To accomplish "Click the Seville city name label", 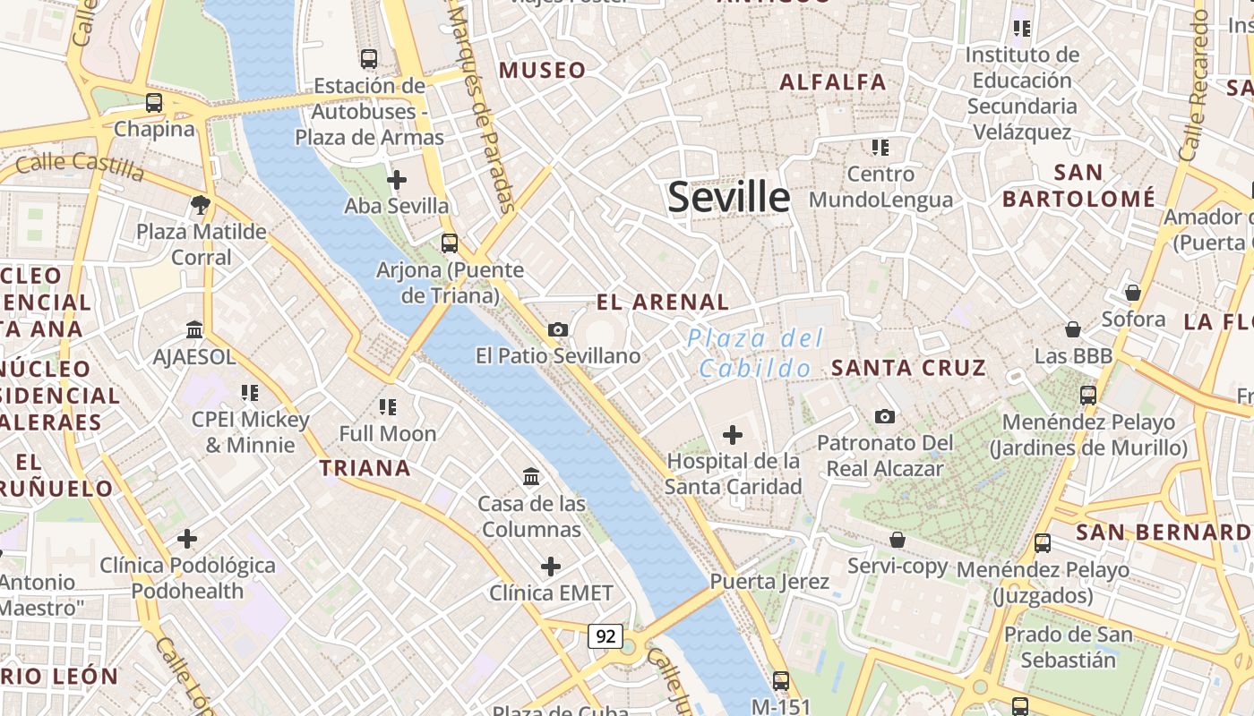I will pyautogui.click(x=729, y=197).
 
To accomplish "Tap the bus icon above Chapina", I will pyautogui.click(x=154, y=103).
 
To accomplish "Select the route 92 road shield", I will pyautogui.click(x=606, y=636).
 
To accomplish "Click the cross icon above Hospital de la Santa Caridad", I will pyautogui.click(x=733, y=436).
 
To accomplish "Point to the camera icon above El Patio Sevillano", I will pyautogui.click(x=558, y=330).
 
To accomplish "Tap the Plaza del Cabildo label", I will pyautogui.click(x=755, y=354).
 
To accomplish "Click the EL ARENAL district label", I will pyautogui.click(x=663, y=303).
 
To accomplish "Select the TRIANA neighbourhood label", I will pyautogui.click(x=365, y=468).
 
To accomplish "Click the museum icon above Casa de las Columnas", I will pyautogui.click(x=531, y=477).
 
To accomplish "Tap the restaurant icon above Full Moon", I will pyautogui.click(x=388, y=408).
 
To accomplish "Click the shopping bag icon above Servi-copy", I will pyautogui.click(x=897, y=540).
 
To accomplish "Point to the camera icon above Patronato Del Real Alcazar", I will pyautogui.click(x=885, y=417).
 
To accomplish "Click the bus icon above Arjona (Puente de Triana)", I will pyautogui.click(x=450, y=243).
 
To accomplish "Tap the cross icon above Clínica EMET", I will pyautogui.click(x=551, y=567).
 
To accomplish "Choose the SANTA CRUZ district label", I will pyautogui.click(x=908, y=368).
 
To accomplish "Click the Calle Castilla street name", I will pyautogui.click(x=80, y=165).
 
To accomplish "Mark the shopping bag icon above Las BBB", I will pyautogui.click(x=1072, y=330).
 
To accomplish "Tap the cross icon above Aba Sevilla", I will pyautogui.click(x=397, y=181).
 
